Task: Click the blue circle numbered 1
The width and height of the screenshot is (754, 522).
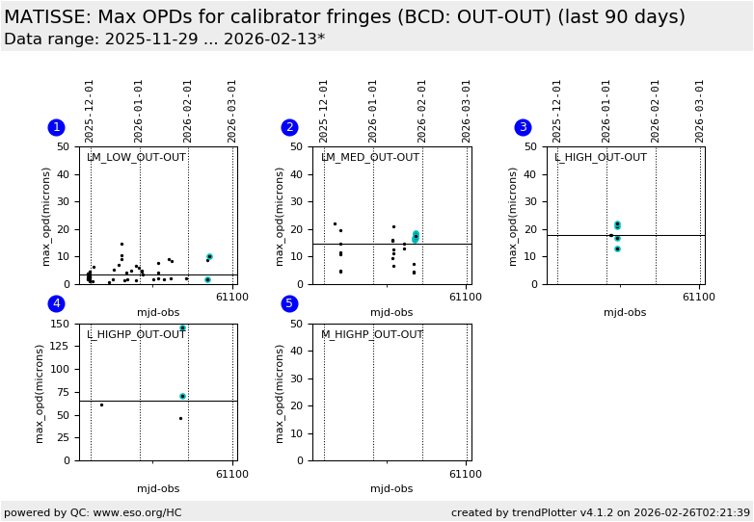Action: click(56, 127)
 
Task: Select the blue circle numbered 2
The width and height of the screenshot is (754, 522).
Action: click(289, 127)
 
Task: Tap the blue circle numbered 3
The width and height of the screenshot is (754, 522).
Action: click(523, 127)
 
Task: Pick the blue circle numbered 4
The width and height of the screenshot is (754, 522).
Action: click(56, 303)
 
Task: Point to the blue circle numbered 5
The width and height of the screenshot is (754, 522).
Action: click(289, 303)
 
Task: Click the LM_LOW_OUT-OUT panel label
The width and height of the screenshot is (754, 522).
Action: click(136, 158)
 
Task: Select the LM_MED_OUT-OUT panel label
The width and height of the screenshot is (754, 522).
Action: click(370, 158)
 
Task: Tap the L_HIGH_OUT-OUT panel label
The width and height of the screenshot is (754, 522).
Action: click(601, 158)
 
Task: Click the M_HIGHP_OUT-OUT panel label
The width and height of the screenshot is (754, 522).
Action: click(372, 335)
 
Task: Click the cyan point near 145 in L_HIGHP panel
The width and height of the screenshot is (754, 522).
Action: click(182, 328)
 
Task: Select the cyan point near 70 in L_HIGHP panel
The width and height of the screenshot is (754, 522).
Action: click(182, 396)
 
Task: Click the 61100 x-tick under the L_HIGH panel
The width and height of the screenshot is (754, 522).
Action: click(699, 297)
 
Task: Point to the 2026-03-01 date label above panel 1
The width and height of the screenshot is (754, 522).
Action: click(232, 111)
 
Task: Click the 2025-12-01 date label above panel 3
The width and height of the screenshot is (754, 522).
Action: click(557, 111)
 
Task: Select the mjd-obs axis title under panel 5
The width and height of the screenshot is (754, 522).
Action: click(391, 489)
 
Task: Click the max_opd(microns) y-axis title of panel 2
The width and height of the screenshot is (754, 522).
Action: click(281, 216)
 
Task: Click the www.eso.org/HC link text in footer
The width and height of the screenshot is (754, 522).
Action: click(135, 512)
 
